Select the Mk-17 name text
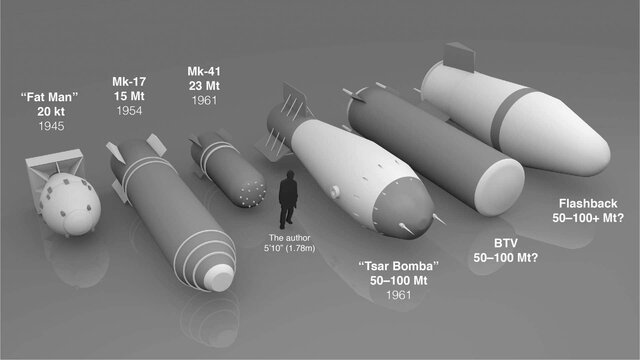(127, 81)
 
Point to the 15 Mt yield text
(127, 97)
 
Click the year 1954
(127, 113)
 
